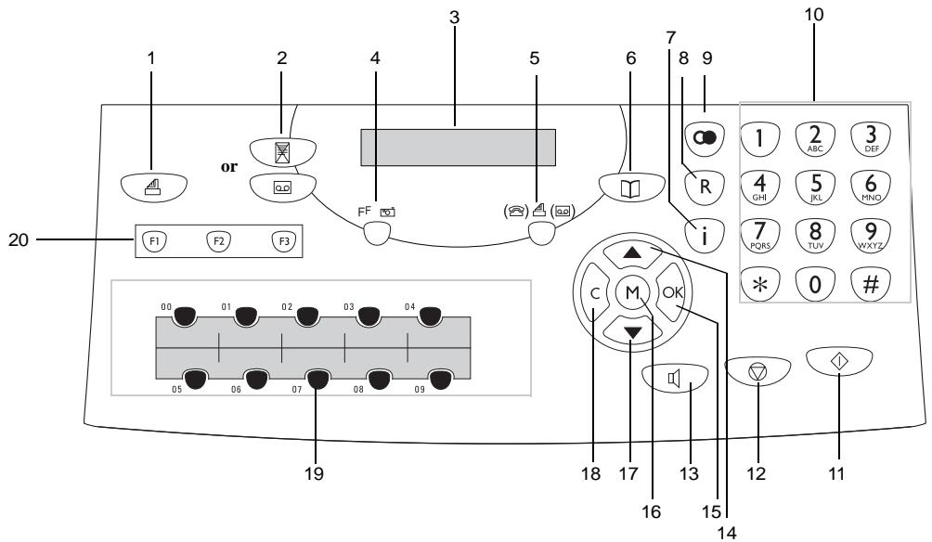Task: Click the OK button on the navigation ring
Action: pos(671,292)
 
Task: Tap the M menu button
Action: pos(632,292)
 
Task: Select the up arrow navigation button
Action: pos(632,252)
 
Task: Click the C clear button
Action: pos(594,293)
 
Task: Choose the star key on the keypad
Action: pos(759,283)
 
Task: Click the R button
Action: pos(705,187)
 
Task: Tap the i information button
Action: pos(705,236)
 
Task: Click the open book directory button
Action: pos(631,187)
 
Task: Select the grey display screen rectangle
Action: pos(459,148)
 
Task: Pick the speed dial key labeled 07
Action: pos(318,378)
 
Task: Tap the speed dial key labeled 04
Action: pos(430,316)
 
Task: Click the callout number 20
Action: pos(19,240)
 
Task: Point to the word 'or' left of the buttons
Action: pos(229,167)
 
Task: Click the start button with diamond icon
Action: pos(839,361)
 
